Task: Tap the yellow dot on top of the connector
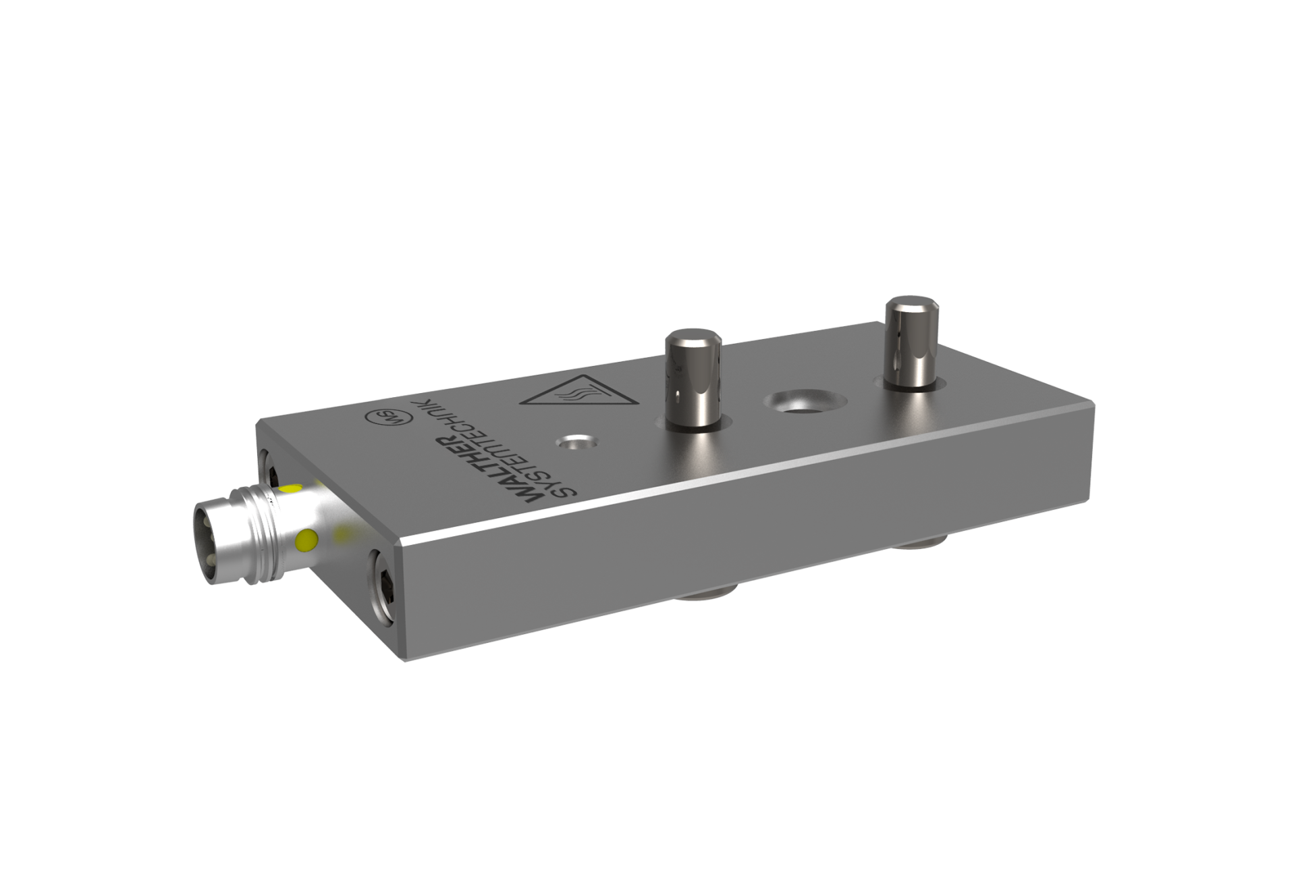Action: (292, 488)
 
